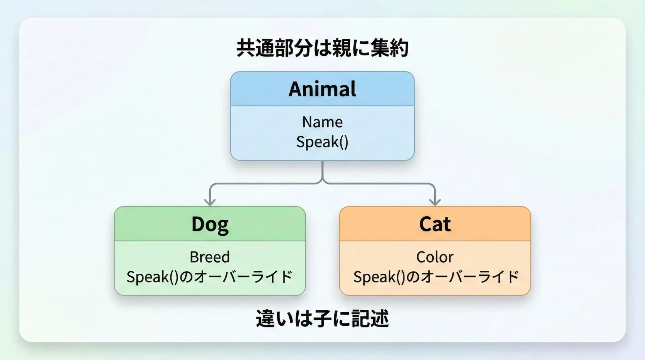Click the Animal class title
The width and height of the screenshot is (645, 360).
[322, 89]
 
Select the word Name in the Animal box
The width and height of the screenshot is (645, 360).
[322, 122]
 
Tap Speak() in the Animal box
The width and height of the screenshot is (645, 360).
[322, 142]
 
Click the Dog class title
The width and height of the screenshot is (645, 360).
[210, 224]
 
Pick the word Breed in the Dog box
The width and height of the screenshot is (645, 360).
[210, 257]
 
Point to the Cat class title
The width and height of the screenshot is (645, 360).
[435, 224]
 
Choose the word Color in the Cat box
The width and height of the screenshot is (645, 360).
[435, 257]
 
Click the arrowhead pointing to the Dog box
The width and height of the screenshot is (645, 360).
[210, 201]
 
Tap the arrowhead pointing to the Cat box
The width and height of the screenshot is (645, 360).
[435, 201]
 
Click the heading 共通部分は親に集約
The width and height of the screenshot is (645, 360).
[322, 48]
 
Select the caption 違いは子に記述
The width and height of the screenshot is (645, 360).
[322, 318]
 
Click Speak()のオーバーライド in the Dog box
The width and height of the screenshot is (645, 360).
[210, 277]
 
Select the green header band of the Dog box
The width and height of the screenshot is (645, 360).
[210, 224]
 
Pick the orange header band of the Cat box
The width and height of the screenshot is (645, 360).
[435, 224]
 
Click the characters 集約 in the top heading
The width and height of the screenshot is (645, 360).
[389, 48]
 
